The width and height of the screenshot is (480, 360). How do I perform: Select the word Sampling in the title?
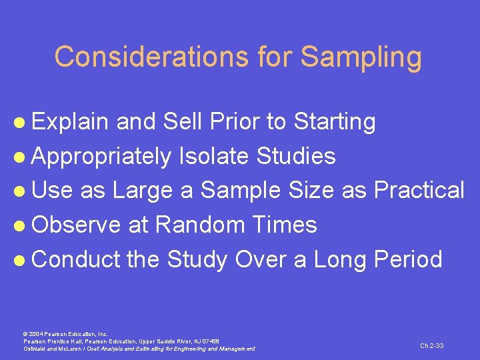coord(361,57)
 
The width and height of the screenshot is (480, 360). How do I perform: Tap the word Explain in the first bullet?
coord(71,122)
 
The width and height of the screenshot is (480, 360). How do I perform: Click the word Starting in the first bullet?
coord(335,123)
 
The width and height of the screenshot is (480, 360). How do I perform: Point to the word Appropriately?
coord(101,157)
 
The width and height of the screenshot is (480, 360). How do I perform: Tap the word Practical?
coord(419,191)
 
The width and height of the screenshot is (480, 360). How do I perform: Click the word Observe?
coord(76,225)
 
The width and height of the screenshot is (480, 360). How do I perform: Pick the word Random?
coord(204,225)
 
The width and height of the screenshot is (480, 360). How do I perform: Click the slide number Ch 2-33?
coord(431,345)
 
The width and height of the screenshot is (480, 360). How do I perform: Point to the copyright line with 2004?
coord(65,333)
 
